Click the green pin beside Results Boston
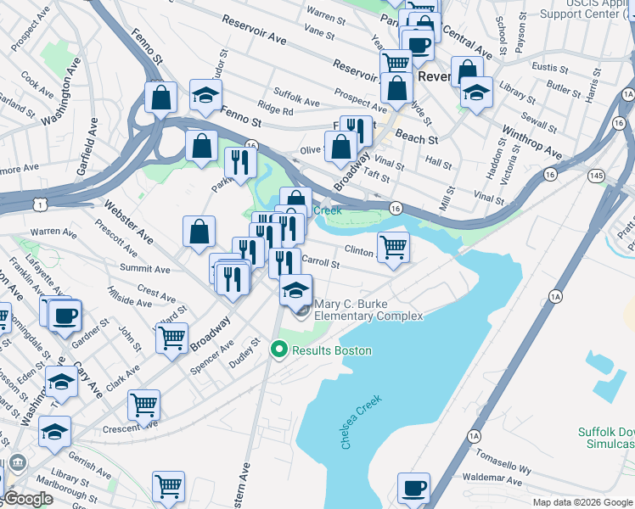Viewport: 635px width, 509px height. pyautogui.click(x=278, y=350)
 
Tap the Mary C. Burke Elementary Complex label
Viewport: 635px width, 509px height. pyautogui.click(x=368, y=310)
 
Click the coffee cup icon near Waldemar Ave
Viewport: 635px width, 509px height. pyautogui.click(x=414, y=488)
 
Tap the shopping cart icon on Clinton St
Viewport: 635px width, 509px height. pyautogui.click(x=393, y=248)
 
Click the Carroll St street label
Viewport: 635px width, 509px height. pyautogui.click(x=321, y=263)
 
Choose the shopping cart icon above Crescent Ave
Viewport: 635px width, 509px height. pyautogui.click(x=143, y=405)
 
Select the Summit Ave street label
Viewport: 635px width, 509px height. pyautogui.click(x=144, y=269)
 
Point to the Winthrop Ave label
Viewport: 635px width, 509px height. pyautogui.click(x=532, y=143)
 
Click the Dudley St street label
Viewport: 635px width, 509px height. pyautogui.click(x=249, y=354)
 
